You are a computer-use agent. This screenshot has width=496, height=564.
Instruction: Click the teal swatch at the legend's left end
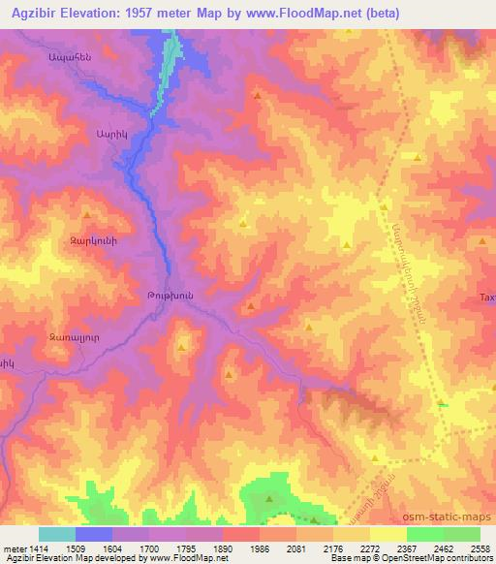click(x=57, y=534)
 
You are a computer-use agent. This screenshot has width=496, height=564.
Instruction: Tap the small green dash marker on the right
click(x=443, y=404)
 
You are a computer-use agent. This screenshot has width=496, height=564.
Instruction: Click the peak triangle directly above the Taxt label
click(x=481, y=239)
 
